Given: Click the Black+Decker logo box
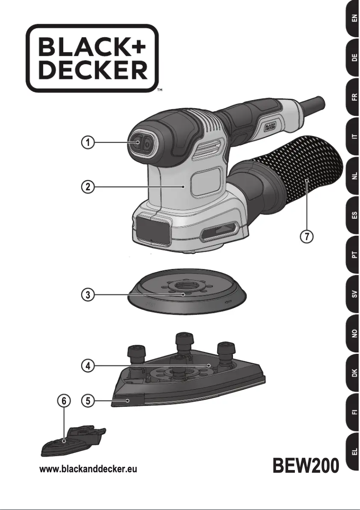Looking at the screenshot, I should tap(92, 58).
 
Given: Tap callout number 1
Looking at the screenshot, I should tap(88, 143).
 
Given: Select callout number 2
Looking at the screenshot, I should tap(88, 187).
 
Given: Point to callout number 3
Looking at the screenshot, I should tap(88, 295).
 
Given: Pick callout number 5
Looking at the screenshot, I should tap(88, 400).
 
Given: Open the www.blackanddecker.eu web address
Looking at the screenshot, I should tap(88, 470).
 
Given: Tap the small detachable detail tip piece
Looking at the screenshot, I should tap(72, 442).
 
